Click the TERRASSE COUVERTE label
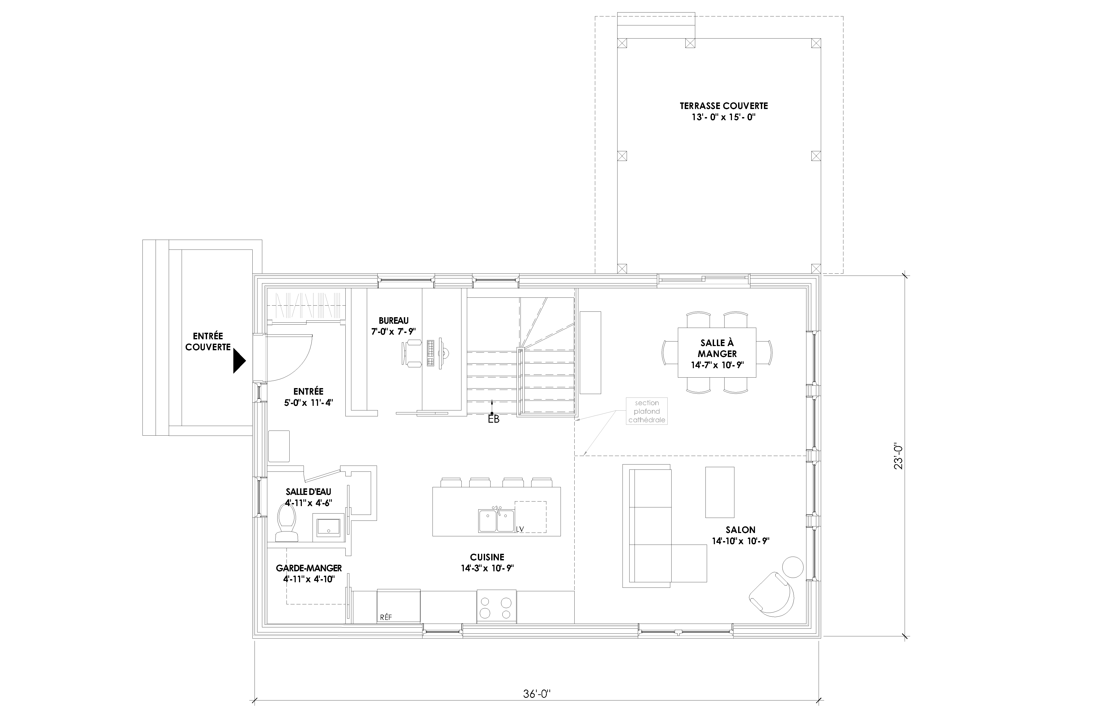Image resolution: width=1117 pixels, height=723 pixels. pos(724,106)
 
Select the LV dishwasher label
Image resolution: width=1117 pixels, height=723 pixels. pos(520,529)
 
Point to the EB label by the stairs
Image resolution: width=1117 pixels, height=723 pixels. pos(494,419)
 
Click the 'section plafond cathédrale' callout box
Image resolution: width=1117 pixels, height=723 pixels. pos(646,411)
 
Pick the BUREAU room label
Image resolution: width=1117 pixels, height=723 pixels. pos(393,321)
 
